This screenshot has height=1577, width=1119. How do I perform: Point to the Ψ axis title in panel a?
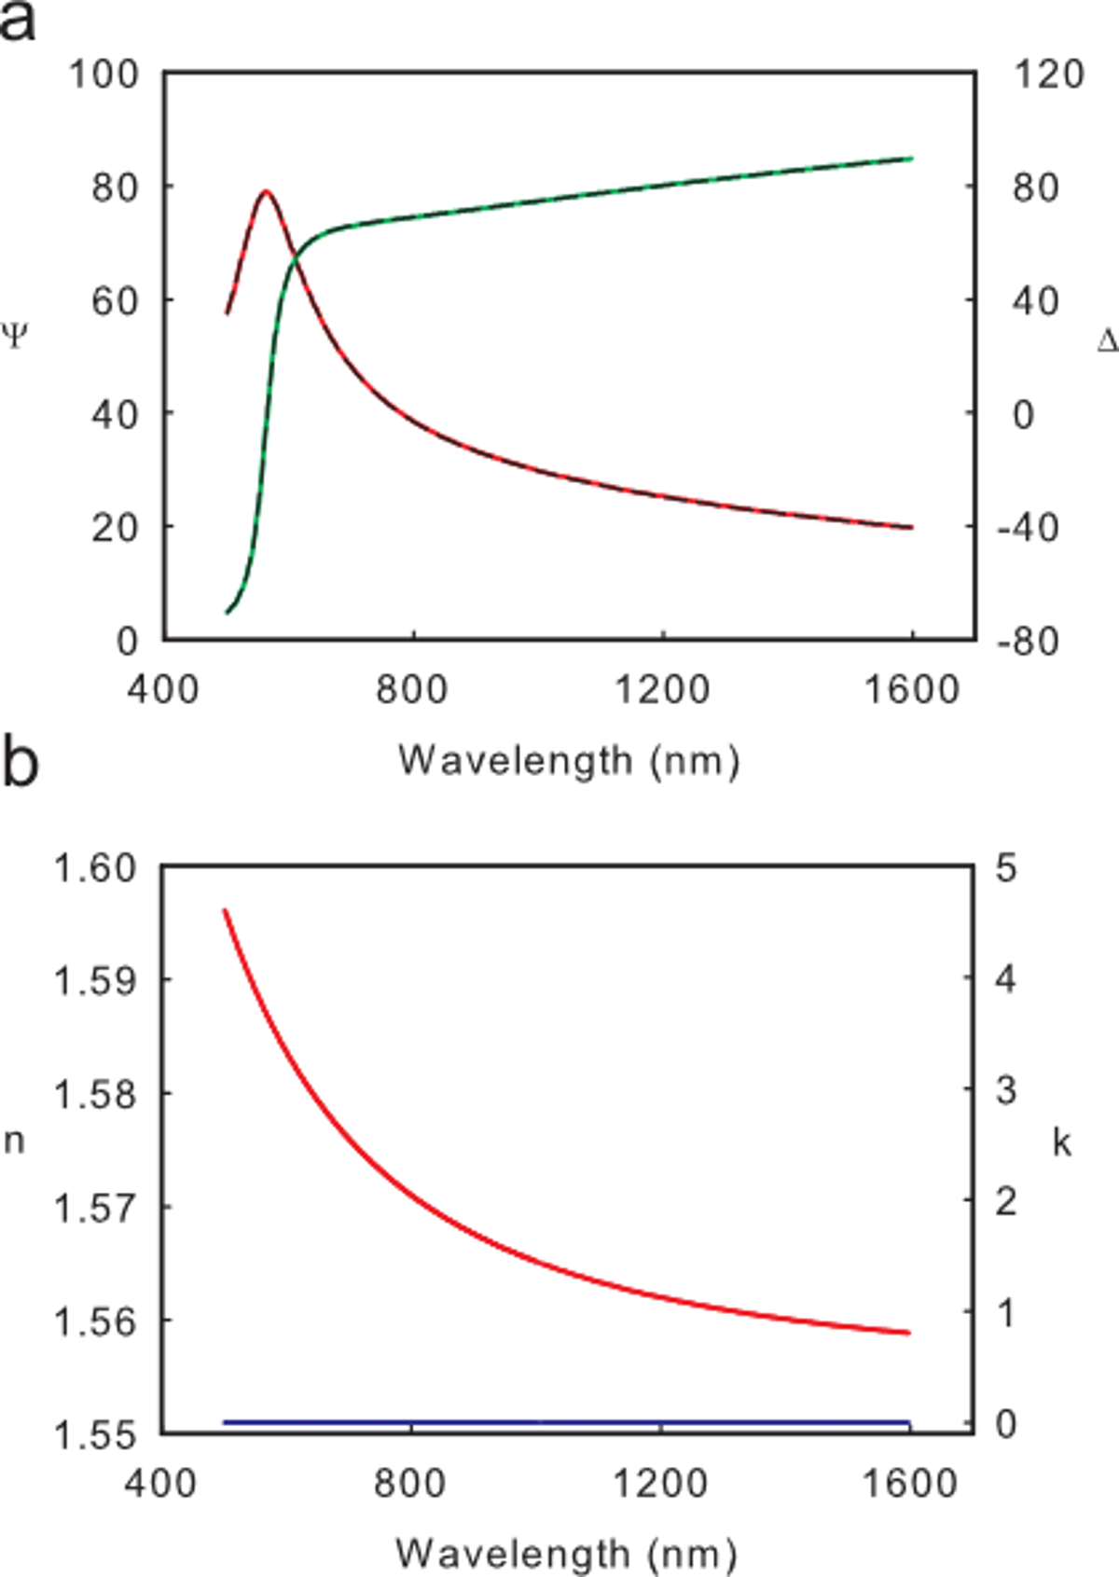tap(15, 336)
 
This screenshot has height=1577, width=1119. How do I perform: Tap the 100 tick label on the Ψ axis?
tap(104, 74)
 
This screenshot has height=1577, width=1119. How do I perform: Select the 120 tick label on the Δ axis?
tap(1049, 74)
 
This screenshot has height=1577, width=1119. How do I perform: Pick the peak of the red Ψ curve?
tap(267, 191)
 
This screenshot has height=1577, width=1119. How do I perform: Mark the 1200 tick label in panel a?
tap(662, 690)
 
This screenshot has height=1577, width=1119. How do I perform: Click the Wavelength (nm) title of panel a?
tap(569, 761)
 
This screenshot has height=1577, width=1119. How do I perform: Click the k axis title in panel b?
tap(1061, 1141)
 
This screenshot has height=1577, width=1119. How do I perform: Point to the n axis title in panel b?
tap(14, 1141)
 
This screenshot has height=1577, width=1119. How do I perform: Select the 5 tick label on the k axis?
tap(1005, 868)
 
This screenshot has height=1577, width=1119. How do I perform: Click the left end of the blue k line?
tap(225, 1422)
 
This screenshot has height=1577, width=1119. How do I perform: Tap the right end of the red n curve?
tap(908, 1333)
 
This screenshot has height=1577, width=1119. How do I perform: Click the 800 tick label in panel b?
tap(410, 1483)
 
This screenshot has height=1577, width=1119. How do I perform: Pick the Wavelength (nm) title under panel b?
tap(566, 1554)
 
